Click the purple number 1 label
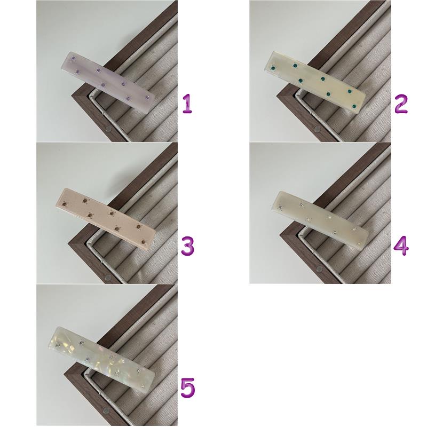pyautogui.click(x=187, y=104)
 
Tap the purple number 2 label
pyautogui.click(x=401, y=104)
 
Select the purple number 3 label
pyautogui.click(x=188, y=246)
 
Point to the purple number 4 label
pyautogui.click(x=401, y=246)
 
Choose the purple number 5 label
pyautogui.click(x=188, y=388)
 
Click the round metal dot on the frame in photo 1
pyautogui.click(x=109, y=129)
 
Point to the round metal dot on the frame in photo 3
pyautogui.click(x=108, y=278)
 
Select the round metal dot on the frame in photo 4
pyautogui.click(x=319, y=270)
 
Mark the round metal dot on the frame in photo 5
pyautogui.click(x=105, y=417)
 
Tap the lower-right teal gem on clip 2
pyautogui.click(x=354, y=106)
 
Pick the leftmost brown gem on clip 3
pyautogui.click(x=65, y=203)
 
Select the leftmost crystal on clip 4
pyautogui.click(x=280, y=209)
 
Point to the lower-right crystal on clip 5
pyautogui.click(x=143, y=386)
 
